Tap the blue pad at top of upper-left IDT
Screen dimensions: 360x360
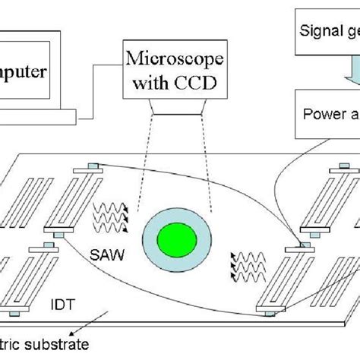coord(90,167)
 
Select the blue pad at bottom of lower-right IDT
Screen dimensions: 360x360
coord(268,310)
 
